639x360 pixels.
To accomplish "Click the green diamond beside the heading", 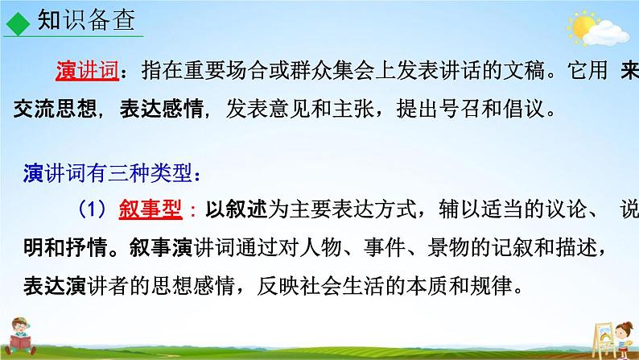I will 14,22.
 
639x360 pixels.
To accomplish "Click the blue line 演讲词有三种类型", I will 109,173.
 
